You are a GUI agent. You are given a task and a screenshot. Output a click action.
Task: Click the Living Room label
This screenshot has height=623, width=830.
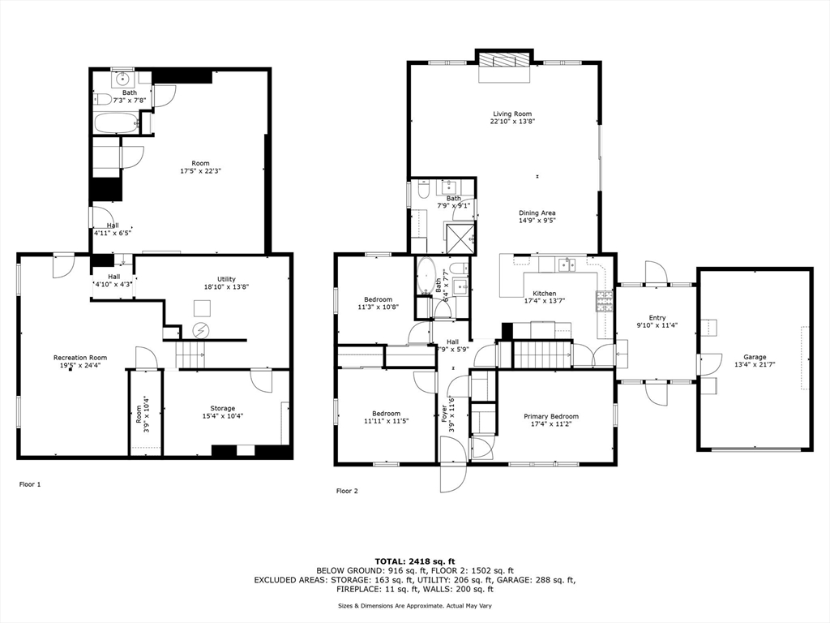[512, 118]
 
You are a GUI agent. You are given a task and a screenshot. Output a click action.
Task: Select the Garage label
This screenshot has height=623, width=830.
[755, 360]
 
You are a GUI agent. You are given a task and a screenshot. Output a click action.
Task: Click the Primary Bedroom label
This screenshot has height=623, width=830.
[555, 419]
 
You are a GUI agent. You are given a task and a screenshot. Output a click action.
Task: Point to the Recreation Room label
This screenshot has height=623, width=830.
[80, 361]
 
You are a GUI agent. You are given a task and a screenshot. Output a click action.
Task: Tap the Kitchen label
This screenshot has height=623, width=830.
[544, 297]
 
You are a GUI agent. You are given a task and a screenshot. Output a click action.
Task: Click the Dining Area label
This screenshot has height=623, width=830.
[537, 216]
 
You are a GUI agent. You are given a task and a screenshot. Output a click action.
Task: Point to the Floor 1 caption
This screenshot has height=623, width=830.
[30, 484]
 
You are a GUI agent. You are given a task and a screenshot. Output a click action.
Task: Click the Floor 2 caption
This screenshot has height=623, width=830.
[347, 491]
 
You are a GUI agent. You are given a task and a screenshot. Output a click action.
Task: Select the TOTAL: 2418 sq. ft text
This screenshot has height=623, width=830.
[415, 561]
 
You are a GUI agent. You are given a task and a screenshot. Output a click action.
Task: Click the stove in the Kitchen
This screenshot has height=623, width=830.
[605, 302]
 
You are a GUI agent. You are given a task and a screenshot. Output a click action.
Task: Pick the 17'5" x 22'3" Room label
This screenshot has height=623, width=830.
[195, 167]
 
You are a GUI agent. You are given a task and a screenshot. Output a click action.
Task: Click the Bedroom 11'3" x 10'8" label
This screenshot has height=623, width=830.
[378, 303]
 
